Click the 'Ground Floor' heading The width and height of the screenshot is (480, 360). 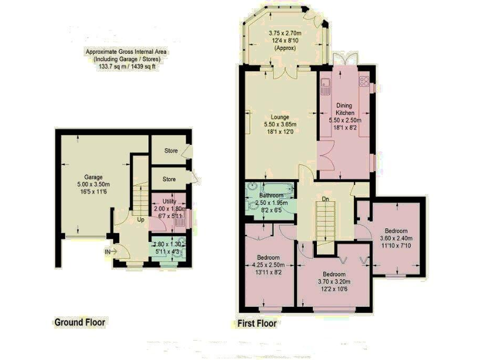(x=79, y=322)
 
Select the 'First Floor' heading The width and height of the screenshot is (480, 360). (x=257, y=324)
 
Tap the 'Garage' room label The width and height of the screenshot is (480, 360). (x=93, y=177)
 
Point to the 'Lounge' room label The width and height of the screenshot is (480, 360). (x=280, y=116)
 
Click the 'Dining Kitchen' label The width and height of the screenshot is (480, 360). (x=345, y=109)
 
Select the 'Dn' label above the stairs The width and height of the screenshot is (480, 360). (x=325, y=200)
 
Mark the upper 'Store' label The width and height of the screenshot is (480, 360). (x=171, y=151)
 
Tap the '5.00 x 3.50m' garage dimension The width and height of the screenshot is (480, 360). (x=93, y=184)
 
